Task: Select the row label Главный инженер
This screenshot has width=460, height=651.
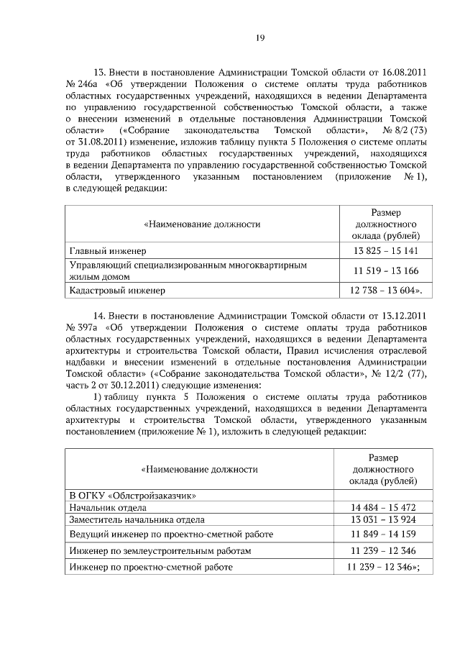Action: pos(107,251)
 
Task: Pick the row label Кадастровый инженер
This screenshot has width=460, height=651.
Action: pos(116,291)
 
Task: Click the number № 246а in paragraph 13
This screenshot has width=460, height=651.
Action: pos(80,83)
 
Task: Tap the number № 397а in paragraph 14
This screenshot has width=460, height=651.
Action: pos(80,327)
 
